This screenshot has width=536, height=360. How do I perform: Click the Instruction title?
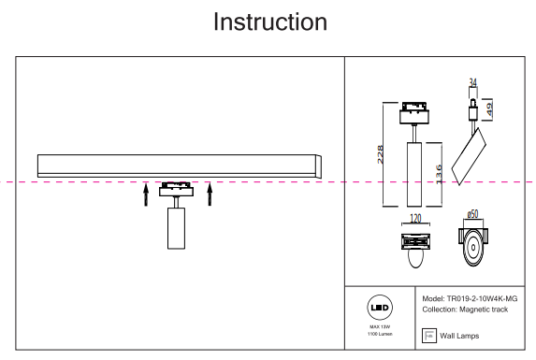270,22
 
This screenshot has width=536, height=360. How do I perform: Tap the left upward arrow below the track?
146,194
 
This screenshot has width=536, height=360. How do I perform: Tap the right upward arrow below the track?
210,194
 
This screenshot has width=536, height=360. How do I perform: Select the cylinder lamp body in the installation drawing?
177,228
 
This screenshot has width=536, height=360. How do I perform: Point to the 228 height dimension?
380,154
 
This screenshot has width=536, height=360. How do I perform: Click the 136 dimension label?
439,175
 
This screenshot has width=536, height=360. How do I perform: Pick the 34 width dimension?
472,82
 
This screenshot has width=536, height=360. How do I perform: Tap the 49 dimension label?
489,109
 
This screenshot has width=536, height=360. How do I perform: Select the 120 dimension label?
415,218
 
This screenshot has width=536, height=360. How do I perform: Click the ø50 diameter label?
472,214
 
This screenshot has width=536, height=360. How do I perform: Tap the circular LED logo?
380,308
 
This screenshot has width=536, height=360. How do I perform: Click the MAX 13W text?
380,327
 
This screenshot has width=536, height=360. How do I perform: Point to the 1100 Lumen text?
380,334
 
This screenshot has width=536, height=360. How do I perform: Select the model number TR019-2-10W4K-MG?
482,299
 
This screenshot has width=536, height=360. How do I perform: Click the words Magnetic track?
484,310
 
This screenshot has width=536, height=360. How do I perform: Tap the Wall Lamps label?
459,336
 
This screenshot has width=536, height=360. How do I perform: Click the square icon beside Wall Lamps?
429,336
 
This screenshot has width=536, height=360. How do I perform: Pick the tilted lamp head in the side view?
469,156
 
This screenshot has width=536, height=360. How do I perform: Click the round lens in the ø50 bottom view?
473,248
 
